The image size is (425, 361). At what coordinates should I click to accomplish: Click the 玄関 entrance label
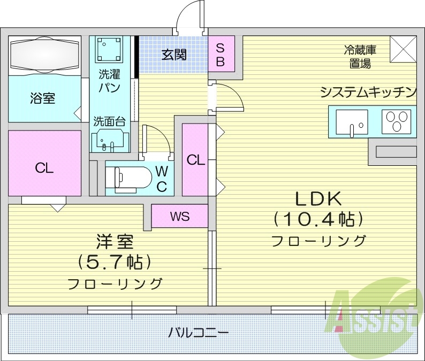click(x=174, y=55)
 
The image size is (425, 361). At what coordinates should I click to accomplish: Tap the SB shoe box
click(x=221, y=54)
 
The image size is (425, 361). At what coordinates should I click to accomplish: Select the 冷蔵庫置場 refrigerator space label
click(x=360, y=57)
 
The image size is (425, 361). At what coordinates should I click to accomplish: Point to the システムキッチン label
click(x=368, y=93)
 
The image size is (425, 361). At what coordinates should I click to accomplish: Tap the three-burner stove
click(x=399, y=121)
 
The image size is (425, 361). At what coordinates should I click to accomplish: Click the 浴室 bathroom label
click(x=42, y=98)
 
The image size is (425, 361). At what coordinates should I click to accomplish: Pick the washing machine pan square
click(x=110, y=50)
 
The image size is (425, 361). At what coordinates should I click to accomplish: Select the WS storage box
click(x=179, y=216)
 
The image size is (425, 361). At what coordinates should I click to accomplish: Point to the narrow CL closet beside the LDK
click(x=196, y=159)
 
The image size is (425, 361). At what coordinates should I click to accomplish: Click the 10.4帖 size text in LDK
click(x=319, y=219)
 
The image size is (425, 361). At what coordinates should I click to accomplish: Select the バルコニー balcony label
click(x=198, y=332)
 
